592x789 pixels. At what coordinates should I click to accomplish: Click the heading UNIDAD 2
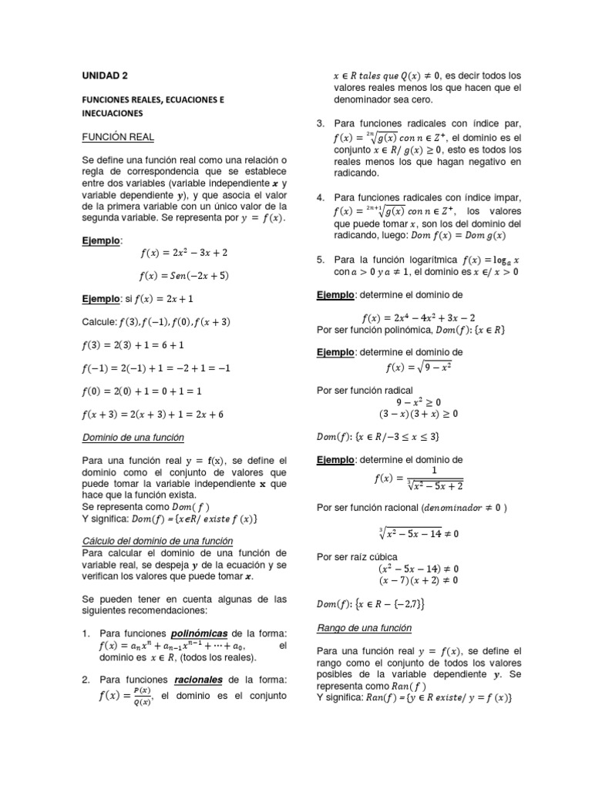point(105,76)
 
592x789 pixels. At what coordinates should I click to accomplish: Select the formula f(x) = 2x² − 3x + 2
point(184,253)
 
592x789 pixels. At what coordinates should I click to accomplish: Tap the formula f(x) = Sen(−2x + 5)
point(185,275)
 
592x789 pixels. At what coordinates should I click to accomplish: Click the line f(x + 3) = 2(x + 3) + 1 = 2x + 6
point(153,414)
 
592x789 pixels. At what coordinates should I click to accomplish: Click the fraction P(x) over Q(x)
point(142,697)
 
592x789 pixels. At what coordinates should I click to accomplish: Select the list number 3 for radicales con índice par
point(321,123)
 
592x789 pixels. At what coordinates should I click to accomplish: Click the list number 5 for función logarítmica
point(321,259)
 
